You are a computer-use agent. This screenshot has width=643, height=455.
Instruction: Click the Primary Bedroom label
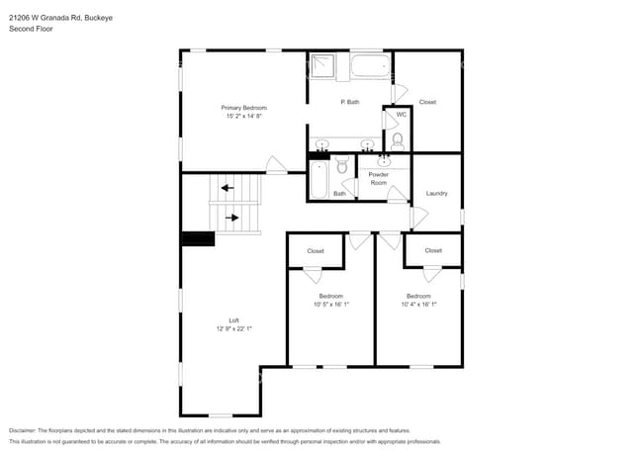243,107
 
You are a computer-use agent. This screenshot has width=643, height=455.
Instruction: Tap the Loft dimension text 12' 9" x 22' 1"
234,328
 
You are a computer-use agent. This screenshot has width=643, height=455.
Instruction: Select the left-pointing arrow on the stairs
227,187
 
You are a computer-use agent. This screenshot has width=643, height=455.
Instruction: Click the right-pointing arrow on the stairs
232,217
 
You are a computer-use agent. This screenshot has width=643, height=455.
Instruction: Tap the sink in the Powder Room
385,162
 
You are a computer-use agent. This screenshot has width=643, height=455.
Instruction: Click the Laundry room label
436,193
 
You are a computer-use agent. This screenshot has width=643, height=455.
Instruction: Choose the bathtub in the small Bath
320,179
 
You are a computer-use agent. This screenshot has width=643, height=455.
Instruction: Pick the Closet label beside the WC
427,102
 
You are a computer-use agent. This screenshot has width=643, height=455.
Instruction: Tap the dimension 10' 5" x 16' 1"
330,304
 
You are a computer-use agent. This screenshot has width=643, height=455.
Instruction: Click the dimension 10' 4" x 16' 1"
418,304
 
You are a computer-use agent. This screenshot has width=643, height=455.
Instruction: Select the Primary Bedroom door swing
274,165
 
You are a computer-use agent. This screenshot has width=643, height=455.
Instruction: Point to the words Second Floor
31,29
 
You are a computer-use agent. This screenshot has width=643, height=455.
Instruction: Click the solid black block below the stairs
198,239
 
